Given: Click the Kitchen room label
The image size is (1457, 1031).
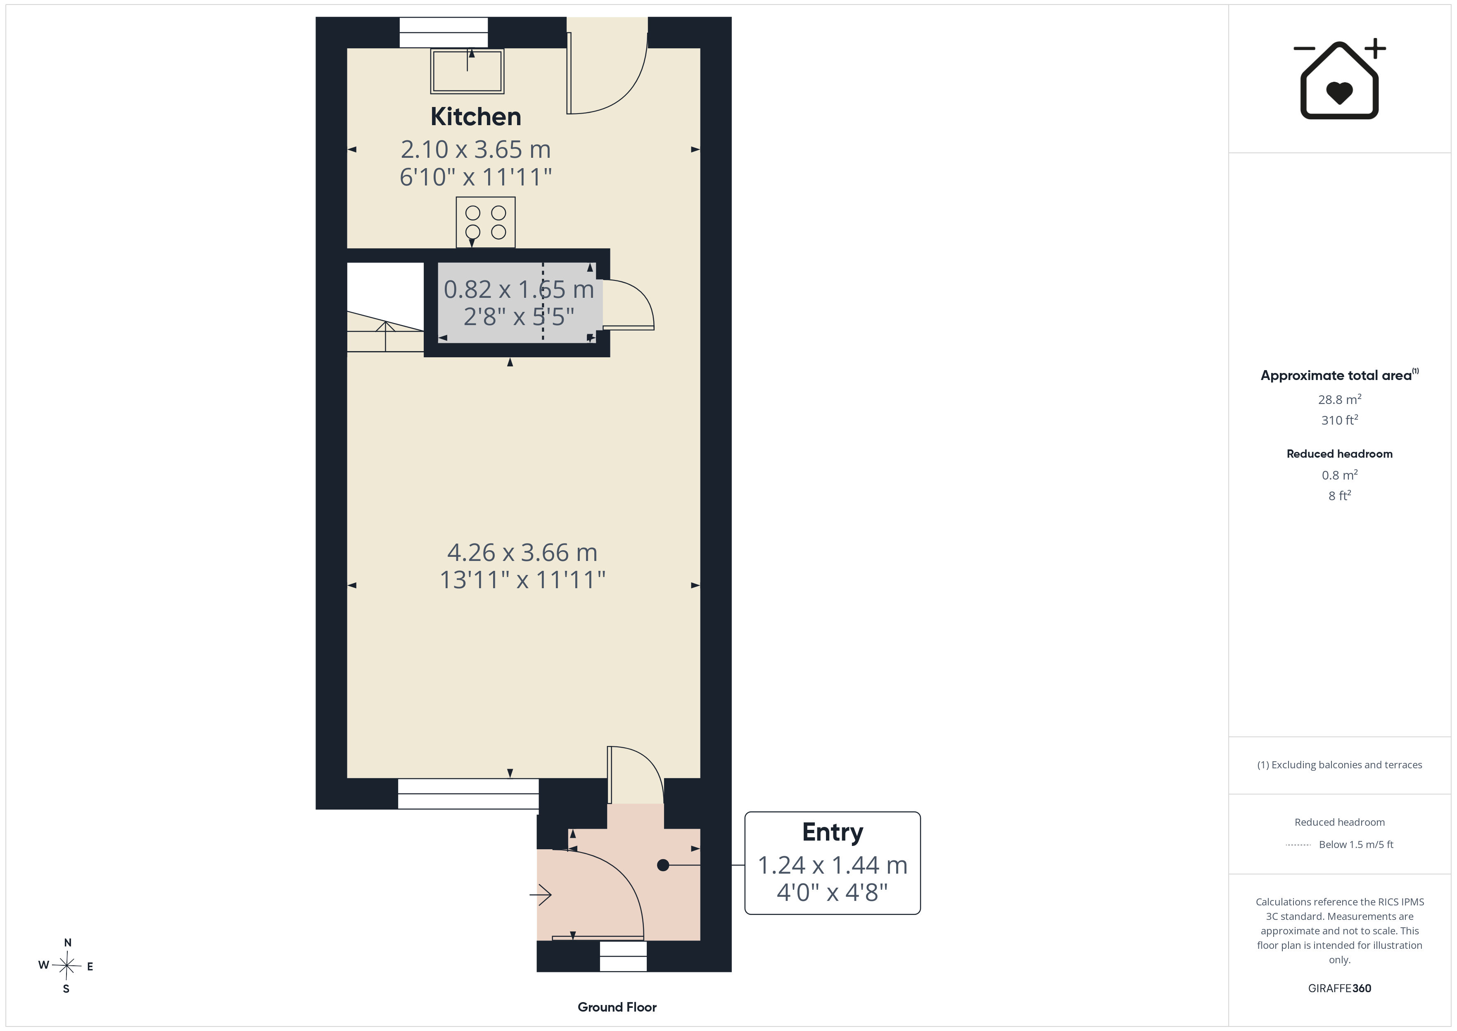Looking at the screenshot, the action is click(x=475, y=117).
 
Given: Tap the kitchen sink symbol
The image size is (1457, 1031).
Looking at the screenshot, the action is click(x=467, y=71).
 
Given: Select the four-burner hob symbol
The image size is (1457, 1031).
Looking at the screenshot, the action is click(x=485, y=222).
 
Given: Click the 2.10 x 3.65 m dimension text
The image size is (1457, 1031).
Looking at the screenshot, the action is click(x=475, y=149).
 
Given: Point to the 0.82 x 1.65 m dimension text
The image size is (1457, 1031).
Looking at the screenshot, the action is click(x=518, y=290).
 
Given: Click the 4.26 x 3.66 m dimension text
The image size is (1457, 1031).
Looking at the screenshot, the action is click(x=522, y=552).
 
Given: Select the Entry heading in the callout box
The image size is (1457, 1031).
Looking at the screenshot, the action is click(x=833, y=832).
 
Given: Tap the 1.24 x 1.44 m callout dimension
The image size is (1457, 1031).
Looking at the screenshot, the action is click(x=833, y=865).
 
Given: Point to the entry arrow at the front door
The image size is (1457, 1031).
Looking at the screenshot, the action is click(x=541, y=895).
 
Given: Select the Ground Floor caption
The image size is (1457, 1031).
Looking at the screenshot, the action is click(x=617, y=1007).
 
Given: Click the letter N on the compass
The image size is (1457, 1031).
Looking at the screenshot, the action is click(x=68, y=943).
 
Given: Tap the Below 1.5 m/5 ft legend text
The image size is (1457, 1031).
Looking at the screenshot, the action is click(x=1356, y=844).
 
